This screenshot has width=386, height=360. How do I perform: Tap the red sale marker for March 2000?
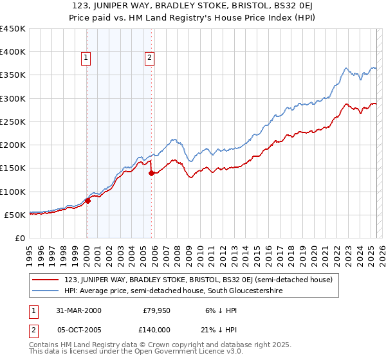coord(87,201)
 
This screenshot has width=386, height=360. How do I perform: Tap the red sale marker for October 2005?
coord(151,173)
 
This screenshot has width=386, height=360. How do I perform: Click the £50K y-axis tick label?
coord(15,215)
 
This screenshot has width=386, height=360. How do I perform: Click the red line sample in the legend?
coord(46,280)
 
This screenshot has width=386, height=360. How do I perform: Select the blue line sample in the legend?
coord(46,291)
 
